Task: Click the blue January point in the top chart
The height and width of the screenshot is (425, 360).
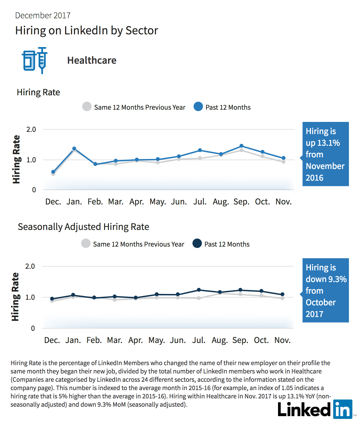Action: (x=74, y=149)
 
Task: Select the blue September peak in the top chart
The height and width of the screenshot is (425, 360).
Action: (x=241, y=146)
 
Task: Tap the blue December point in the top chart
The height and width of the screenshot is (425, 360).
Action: (x=53, y=172)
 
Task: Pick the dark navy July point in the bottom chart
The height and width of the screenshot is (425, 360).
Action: (x=199, y=290)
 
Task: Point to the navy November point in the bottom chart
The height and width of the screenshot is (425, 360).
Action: (x=282, y=294)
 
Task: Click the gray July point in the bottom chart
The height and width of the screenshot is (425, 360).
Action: (x=199, y=298)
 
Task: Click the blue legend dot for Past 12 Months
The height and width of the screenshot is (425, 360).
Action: (x=198, y=106)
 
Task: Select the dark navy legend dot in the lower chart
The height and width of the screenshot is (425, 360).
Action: (x=197, y=243)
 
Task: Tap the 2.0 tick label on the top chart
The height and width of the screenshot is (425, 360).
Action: (x=31, y=130)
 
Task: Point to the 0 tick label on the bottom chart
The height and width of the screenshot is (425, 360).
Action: (x=33, y=328)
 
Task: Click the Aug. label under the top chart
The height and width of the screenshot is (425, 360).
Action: (x=221, y=202)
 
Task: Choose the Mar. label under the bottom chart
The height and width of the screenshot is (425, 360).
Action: (x=115, y=340)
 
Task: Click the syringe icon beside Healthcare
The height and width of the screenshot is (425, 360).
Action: (x=42, y=60)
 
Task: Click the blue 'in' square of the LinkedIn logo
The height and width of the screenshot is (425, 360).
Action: (x=343, y=409)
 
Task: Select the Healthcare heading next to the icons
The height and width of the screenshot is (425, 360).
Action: (x=92, y=60)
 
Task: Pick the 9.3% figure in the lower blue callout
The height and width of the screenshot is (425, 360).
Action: (x=338, y=279)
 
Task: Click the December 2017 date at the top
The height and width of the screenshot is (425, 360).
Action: (x=43, y=16)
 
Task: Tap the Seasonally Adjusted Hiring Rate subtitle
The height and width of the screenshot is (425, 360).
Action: (x=83, y=227)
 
